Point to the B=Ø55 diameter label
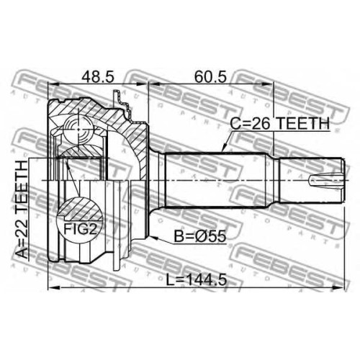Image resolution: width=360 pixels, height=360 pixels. click(x=199, y=236)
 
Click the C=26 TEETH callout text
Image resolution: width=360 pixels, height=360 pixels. click(x=280, y=124)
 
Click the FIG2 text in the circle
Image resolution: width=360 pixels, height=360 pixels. click(x=80, y=229)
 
